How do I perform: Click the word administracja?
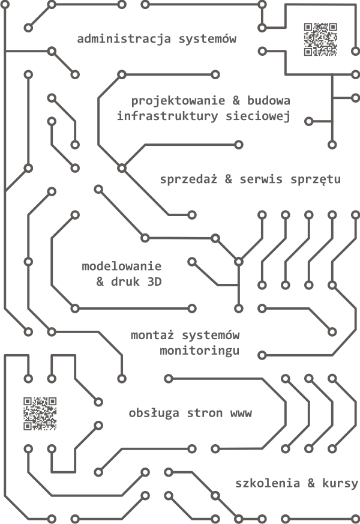[x=124, y=39]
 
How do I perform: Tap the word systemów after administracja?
[x=208, y=39]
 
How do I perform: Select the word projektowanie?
[x=178, y=101]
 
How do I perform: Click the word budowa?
[x=268, y=101]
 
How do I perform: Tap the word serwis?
[x=261, y=179]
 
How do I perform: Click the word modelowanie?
[x=122, y=267]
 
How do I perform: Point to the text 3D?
[x=154, y=282]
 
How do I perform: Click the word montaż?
[x=152, y=335]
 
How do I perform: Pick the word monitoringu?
[x=200, y=351]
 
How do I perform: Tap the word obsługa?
[x=154, y=413]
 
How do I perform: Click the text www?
[x=241, y=414]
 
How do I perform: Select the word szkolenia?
[x=268, y=483]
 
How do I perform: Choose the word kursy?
[x=340, y=484]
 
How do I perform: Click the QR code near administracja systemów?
[x=320, y=40]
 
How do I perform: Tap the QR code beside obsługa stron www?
[x=40, y=414]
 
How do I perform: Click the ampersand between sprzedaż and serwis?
[x=229, y=179]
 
